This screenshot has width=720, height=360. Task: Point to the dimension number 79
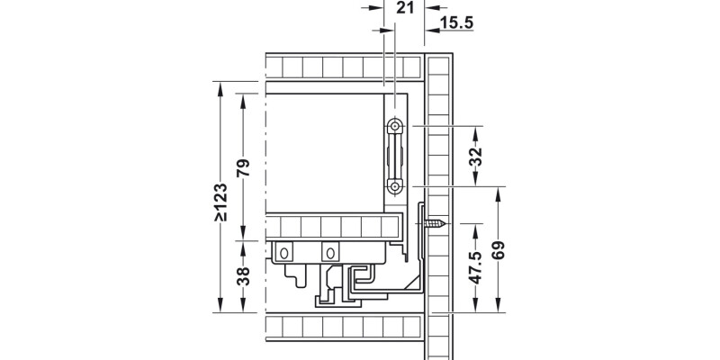click(x=242, y=167)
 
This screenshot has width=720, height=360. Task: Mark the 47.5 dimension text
click(x=476, y=267)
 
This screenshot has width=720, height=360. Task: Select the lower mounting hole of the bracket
click(x=395, y=186)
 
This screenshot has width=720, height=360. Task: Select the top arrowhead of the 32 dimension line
click(x=476, y=130)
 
